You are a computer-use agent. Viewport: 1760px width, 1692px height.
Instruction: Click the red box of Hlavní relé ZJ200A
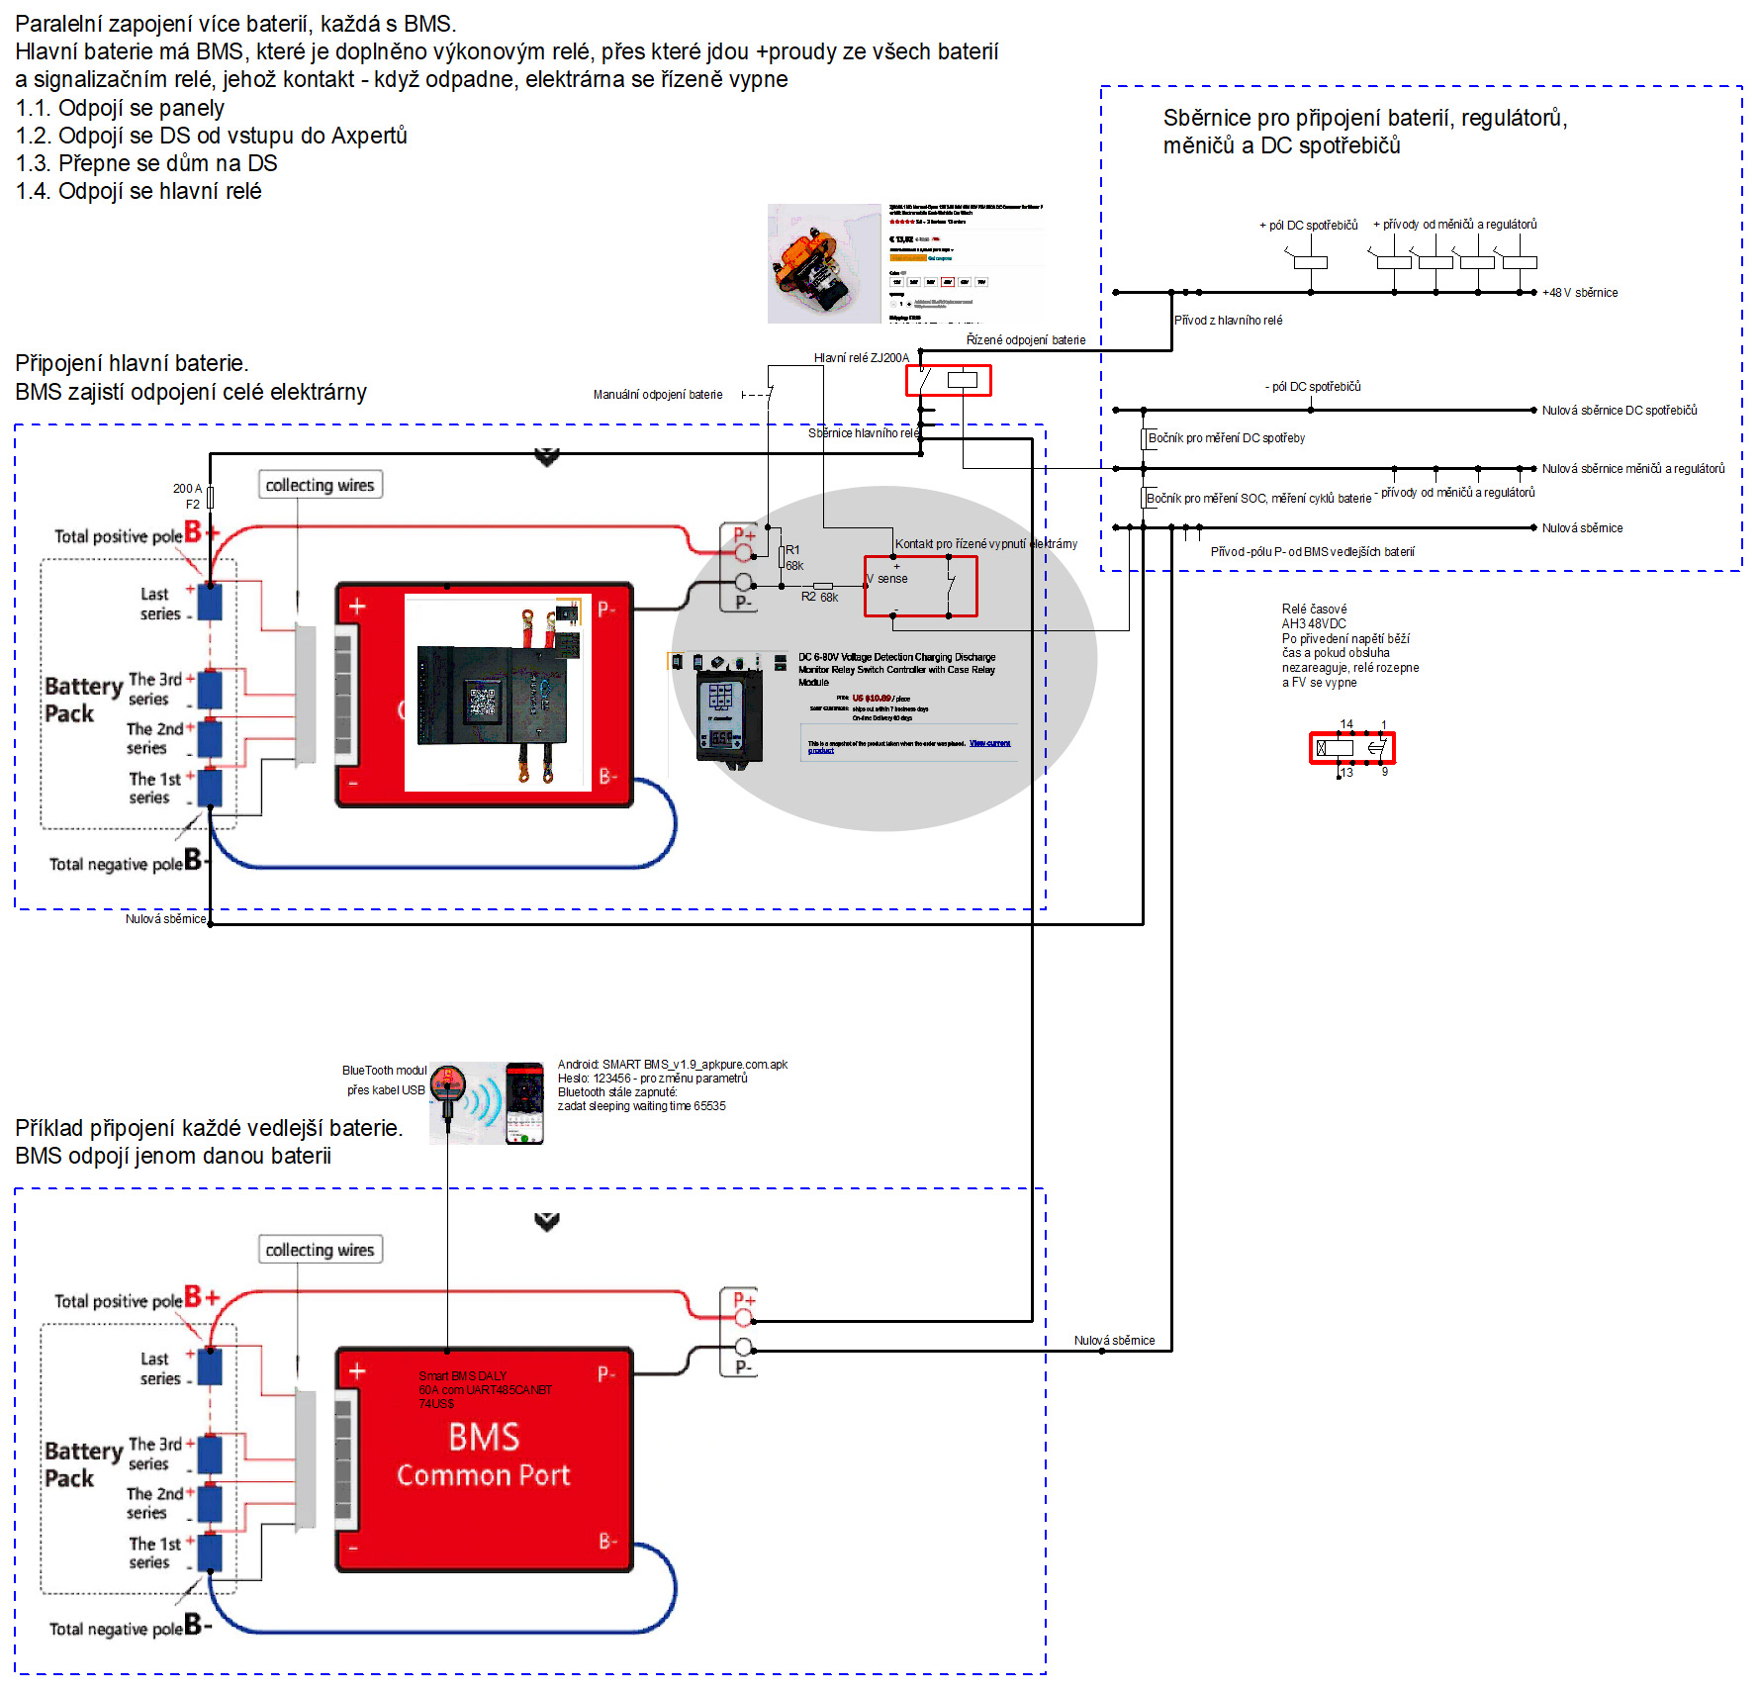coord(948,380)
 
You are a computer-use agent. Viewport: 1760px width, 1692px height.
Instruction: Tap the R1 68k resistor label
coord(793,558)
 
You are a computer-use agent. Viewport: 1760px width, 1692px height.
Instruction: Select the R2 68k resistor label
coord(819,598)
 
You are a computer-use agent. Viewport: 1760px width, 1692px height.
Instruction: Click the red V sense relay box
coord(920,586)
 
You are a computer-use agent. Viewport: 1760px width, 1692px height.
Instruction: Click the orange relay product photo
coord(823,264)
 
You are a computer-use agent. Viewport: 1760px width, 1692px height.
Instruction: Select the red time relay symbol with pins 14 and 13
coord(1351,748)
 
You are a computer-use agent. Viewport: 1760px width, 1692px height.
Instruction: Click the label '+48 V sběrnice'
coord(1580,293)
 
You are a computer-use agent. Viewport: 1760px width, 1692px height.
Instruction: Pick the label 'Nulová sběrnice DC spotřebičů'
coord(1619,411)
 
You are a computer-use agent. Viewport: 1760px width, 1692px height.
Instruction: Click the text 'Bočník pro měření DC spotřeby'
coord(1226,438)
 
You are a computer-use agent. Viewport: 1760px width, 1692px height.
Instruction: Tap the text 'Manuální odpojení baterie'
coord(658,395)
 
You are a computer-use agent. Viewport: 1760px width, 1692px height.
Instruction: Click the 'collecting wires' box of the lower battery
coord(320,1250)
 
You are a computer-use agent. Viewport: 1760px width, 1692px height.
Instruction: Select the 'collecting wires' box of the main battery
coord(320,485)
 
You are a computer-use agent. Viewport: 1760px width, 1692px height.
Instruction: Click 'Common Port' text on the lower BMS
coord(483,1475)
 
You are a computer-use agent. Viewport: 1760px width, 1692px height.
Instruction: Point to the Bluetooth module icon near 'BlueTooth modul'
coord(448,1083)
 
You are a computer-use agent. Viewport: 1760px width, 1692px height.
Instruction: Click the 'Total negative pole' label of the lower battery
coord(116,1630)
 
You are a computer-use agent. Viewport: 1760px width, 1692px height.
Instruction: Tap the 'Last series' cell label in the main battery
coord(158,604)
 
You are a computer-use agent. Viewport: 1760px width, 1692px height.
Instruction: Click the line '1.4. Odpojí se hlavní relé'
coord(139,191)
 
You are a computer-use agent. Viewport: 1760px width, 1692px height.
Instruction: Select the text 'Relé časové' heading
coord(1314,610)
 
